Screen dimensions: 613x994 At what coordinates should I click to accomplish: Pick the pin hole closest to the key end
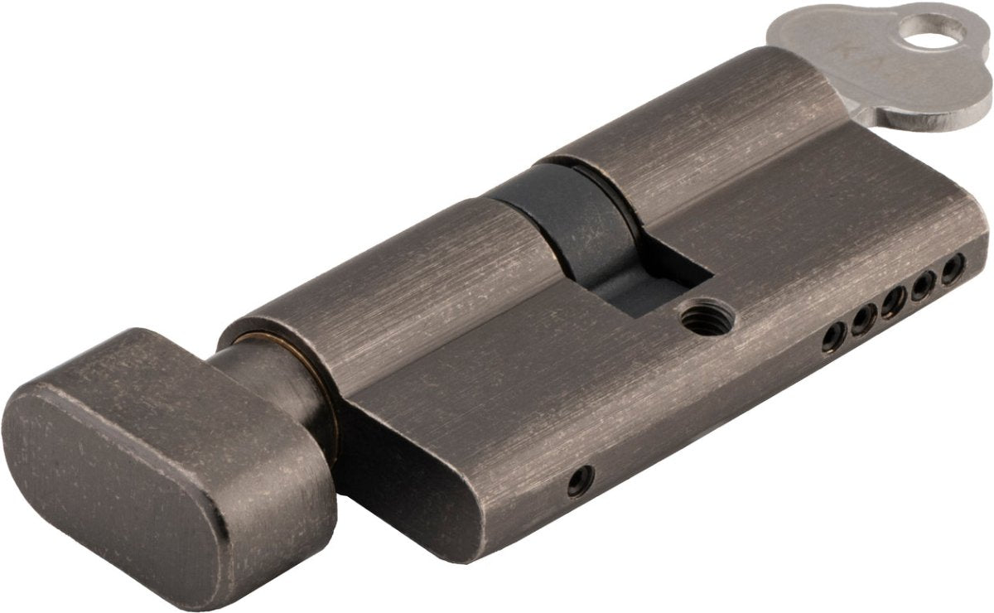953,268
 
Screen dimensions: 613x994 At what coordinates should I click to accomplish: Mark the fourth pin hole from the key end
862,318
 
